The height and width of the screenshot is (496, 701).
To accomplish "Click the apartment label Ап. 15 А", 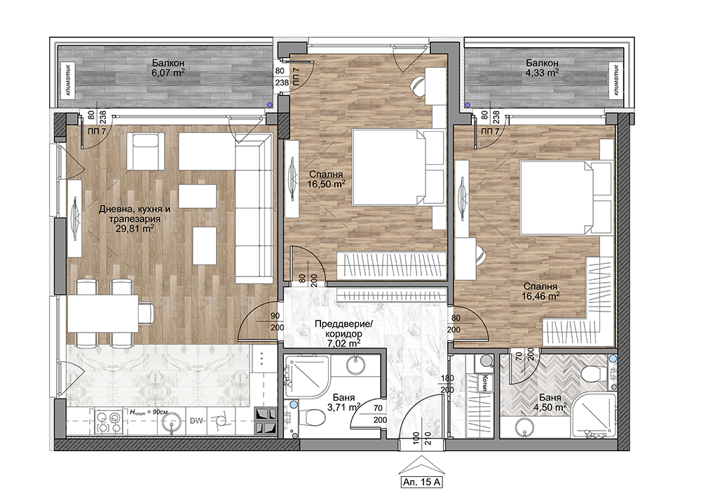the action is pos(422,482).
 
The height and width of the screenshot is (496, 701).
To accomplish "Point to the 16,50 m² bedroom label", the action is pos(326,183).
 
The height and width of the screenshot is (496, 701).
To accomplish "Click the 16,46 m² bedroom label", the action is pos(540,295).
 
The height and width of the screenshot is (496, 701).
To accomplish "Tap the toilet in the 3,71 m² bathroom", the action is pos(311,419).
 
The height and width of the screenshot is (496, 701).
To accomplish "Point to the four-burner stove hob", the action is pos(109,422).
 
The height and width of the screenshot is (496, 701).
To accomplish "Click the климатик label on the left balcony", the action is pos(68,80).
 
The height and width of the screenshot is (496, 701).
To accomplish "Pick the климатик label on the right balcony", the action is pos(616,80).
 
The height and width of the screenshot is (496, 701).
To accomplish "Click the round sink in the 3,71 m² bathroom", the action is pos(356,365).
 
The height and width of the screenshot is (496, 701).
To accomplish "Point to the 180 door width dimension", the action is pos(447,378).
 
